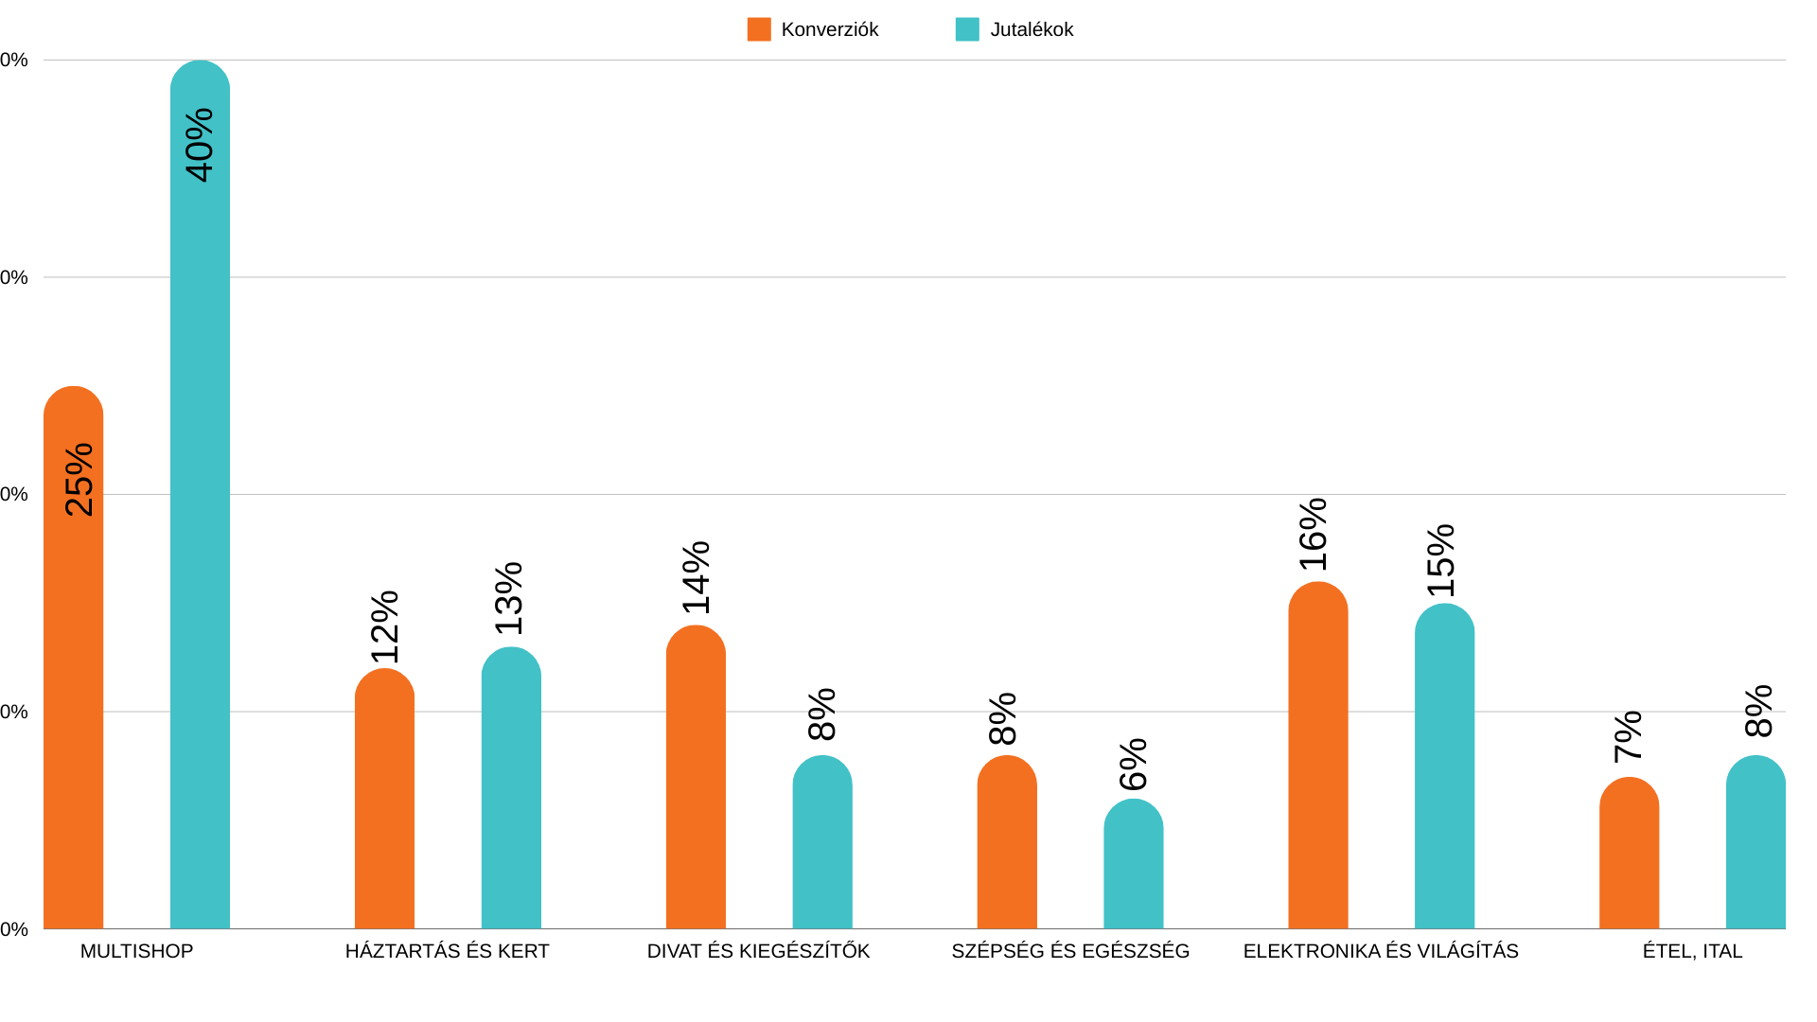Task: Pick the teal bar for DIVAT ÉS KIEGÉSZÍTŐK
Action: pyautogui.click(x=821, y=842)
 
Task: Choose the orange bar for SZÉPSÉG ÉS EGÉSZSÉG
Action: pyautogui.click(x=1006, y=842)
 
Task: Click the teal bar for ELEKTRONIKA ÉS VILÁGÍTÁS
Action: pyautogui.click(x=1444, y=766)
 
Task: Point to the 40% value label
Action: pyautogui.click(x=200, y=145)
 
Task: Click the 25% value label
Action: pyautogui.click(x=79, y=480)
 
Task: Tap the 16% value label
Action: pyautogui.click(x=1314, y=535)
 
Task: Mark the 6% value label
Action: pyautogui.click(x=1133, y=765)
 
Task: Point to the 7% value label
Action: pyautogui.click(x=1629, y=737)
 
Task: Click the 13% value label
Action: pyautogui.click(x=509, y=598)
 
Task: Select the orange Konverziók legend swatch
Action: pyautogui.click(x=759, y=29)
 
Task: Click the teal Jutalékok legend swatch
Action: pyautogui.click(x=967, y=29)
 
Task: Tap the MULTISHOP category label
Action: pyautogui.click(x=136, y=951)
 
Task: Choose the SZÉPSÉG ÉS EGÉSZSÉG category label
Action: pyautogui.click(x=1070, y=951)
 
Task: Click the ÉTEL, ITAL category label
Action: pyautogui.click(x=1692, y=951)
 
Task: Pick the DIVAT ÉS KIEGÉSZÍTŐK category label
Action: pyautogui.click(x=758, y=951)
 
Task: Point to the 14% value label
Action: pyautogui.click(x=697, y=577)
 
